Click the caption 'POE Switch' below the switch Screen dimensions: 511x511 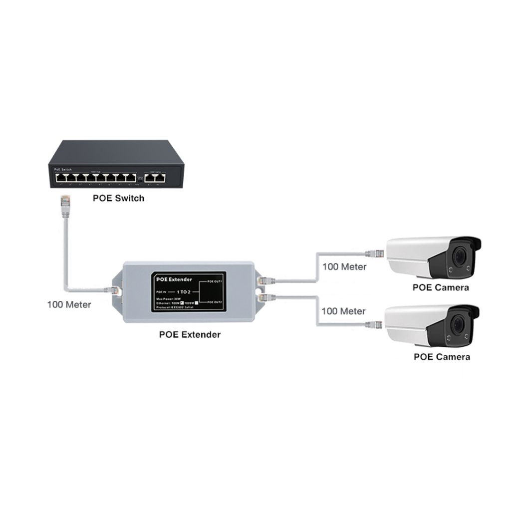click(118, 198)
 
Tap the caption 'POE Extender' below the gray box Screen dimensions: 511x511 click(190, 334)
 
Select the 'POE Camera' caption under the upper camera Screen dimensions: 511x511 click(441, 287)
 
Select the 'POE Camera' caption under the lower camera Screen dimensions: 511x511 click(442, 357)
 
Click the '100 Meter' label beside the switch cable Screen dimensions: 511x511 click(69, 304)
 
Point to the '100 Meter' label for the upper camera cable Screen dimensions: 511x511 click(344, 266)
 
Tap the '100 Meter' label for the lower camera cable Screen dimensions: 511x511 click(343, 311)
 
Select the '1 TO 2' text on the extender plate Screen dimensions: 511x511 click(184, 291)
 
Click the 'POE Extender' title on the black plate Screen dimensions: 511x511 click(174, 279)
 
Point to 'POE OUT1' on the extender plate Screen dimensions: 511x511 click(214, 281)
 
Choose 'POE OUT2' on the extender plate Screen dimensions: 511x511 click(214, 302)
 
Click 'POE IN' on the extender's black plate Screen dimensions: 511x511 click(160, 291)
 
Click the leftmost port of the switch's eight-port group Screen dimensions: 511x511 click(60, 177)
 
